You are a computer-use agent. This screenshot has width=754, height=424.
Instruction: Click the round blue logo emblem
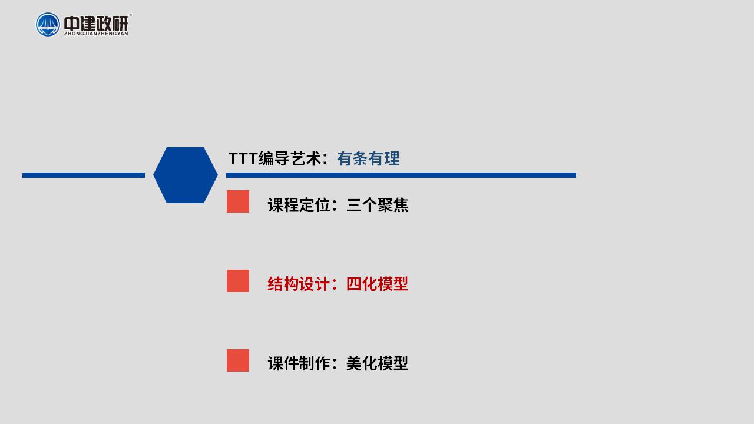click(48, 25)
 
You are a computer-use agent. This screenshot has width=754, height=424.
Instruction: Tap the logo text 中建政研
click(96, 23)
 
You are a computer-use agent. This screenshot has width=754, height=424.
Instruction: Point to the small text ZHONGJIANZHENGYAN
click(96, 34)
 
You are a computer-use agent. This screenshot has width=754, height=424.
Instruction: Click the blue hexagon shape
click(186, 175)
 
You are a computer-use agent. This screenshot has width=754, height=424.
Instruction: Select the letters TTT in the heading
click(243, 158)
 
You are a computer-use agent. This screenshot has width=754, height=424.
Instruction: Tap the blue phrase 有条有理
click(369, 158)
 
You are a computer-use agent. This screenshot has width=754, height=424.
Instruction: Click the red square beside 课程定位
click(238, 201)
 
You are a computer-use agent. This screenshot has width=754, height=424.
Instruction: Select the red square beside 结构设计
click(238, 281)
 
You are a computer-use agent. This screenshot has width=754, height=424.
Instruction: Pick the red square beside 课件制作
click(238, 360)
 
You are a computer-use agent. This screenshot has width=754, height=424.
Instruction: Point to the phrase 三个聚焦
click(378, 205)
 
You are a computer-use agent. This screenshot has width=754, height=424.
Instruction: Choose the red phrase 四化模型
click(378, 284)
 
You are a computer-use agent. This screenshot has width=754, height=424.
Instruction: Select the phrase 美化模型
click(378, 363)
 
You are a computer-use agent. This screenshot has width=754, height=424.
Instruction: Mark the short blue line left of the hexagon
click(84, 175)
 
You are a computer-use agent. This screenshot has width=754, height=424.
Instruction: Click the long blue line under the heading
click(401, 175)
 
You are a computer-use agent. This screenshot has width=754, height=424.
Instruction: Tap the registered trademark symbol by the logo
click(130, 15)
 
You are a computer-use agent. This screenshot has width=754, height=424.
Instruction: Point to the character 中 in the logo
click(71, 23)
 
